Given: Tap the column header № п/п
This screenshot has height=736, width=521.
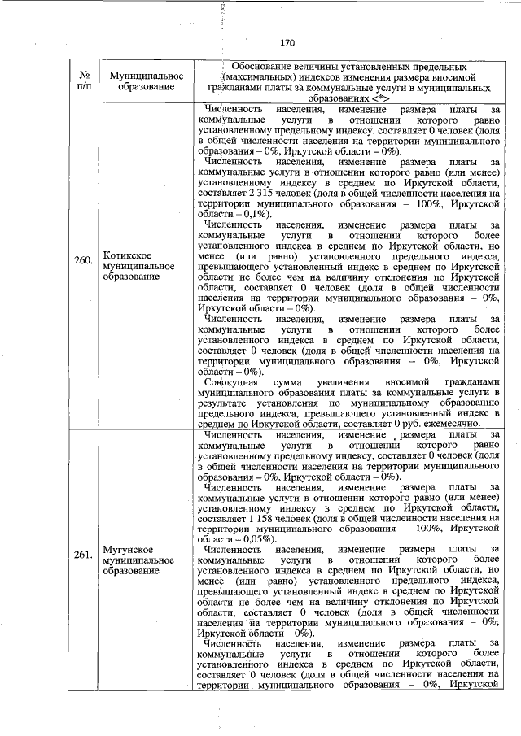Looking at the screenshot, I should point(83,80).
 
